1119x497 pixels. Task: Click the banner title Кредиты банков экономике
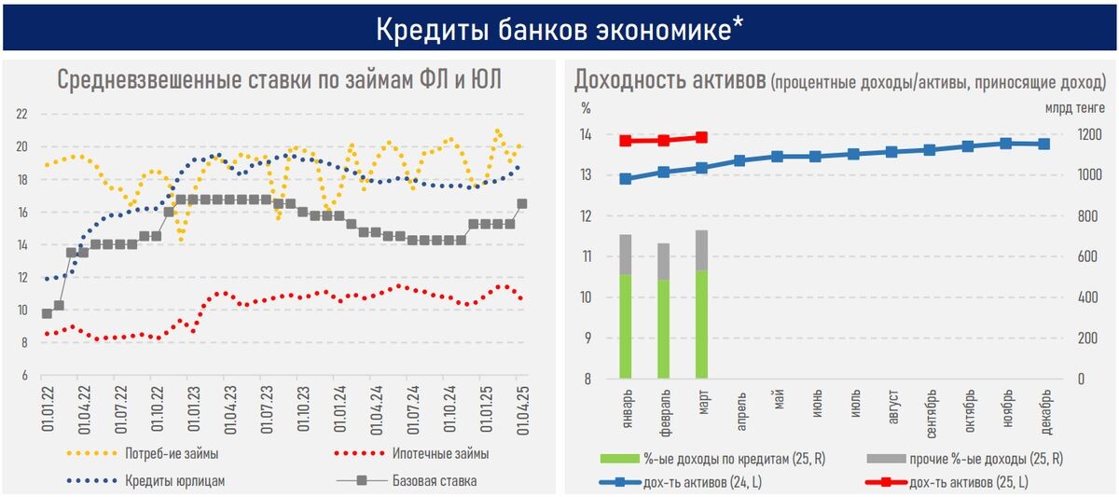[x=559, y=29]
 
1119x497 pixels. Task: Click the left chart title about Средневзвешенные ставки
[x=280, y=80]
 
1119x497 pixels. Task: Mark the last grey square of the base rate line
[x=521, y=203]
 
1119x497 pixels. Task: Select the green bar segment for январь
[x=625, y=326]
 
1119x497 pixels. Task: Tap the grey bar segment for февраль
[x=663, y=261]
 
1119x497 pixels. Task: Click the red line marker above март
[x=701, y=137]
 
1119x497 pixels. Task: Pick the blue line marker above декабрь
[x=1044, y=144]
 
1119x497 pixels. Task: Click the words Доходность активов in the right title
[x=669, y=80]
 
